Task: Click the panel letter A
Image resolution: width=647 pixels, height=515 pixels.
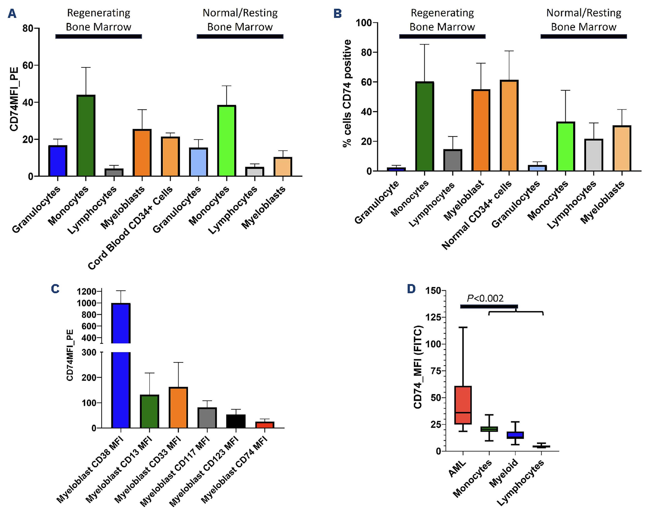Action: [x=12, y=13]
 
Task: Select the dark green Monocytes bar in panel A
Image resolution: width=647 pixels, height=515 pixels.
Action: [x=86, y=135]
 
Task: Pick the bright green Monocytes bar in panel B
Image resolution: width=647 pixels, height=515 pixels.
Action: [x=565, y=146]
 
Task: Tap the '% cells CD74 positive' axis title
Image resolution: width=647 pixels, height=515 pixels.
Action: [x=347, y=93]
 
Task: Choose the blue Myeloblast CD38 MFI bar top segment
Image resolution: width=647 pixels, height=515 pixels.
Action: [x=121, y=323]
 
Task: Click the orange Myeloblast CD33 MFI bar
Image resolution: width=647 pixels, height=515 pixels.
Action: [x=178, y=407]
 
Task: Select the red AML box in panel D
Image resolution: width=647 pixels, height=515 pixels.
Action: [x=463, y=405]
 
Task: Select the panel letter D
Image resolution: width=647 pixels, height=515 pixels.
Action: [x=411, y=289]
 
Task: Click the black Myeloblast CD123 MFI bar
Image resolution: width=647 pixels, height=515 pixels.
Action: [x=236, y=421]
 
